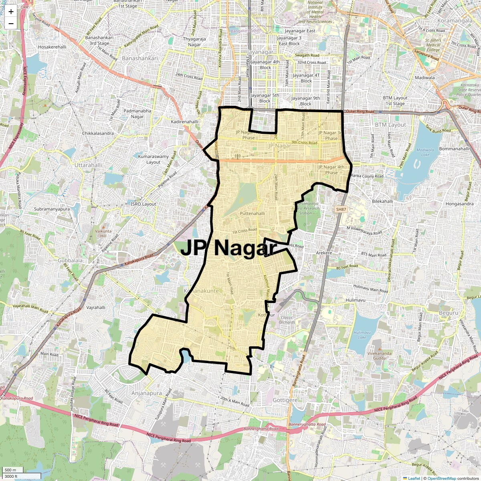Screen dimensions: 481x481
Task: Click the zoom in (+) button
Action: click(11, 12)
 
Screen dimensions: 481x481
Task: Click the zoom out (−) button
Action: click(11, 24)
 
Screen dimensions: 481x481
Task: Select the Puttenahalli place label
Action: click(253, 214)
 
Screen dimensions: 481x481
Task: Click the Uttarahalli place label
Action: click(88, 165)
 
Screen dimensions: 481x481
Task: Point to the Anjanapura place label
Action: click(147, 393)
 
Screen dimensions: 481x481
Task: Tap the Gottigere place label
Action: click(285, 400)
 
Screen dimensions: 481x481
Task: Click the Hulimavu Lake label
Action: click(362, 335)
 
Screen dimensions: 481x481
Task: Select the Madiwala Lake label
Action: click(425, 152)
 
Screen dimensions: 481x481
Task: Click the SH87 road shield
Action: click(341, 209)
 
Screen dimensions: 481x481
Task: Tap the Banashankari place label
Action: click(140, 58)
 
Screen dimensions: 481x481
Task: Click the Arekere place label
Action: click(324, 253)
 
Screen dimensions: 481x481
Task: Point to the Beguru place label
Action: click(449, 313)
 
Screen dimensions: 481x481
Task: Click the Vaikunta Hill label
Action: click(103, 233)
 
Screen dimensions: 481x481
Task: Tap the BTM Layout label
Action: click(390, 125)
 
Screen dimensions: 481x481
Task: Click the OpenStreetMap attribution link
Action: click(441, 478)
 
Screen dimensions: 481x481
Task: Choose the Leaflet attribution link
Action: click(414, 478)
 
